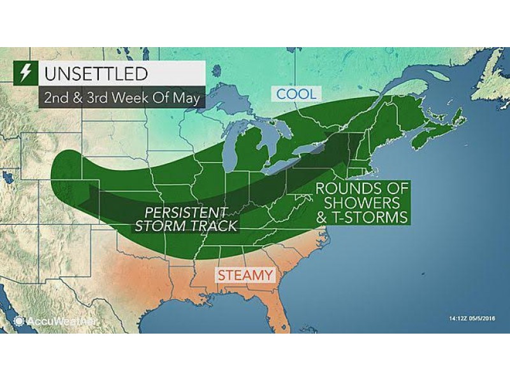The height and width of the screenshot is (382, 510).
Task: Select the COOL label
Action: coord(296,94)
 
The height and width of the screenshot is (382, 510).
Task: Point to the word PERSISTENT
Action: coord(185,212)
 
